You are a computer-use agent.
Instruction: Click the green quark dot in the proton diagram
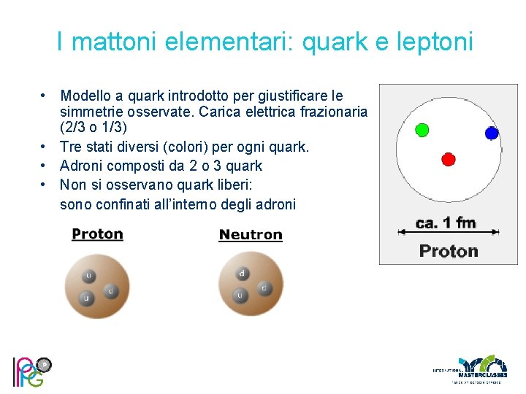tap(422, 130)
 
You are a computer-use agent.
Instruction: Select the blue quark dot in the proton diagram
tap(492, 133)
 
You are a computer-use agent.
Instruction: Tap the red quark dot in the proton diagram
tap(449, 159)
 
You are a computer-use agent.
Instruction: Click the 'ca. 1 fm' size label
tap(446, 223)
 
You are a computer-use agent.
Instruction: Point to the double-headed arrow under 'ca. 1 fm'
tap(448, 233)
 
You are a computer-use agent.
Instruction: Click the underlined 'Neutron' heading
tap(250, 235)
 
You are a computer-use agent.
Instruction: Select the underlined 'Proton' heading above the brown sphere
tap(97, 234)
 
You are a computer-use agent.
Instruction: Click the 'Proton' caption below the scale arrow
tap(449, 251)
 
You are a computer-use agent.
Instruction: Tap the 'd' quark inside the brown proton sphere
tap(110, 291)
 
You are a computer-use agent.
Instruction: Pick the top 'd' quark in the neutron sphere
tap(242, 274)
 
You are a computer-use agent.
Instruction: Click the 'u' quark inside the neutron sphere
tap(239, 295)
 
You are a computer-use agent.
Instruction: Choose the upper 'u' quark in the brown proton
tap(88, 276)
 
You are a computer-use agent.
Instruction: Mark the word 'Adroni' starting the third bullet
tap(82, 165)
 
